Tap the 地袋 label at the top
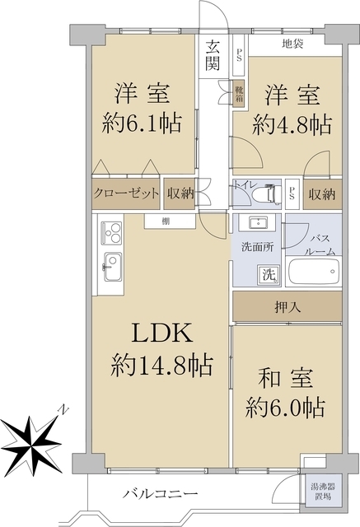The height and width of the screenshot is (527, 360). (x=292, y=44)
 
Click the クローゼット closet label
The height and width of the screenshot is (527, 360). (x=125, y=194)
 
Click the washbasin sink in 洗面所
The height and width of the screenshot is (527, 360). (x=255, y=223)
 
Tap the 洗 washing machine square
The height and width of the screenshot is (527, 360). (x=269, y=274)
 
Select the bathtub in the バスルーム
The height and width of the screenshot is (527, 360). (x=312, y=274)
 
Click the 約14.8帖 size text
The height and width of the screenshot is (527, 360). (x=161, y=363)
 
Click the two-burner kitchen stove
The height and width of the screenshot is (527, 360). (x=110, y=235)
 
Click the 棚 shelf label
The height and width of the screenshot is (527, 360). (x=166, y=220)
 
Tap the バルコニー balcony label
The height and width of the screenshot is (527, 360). (x=161, y=493)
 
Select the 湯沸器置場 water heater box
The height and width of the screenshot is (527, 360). (x=320, y=492)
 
